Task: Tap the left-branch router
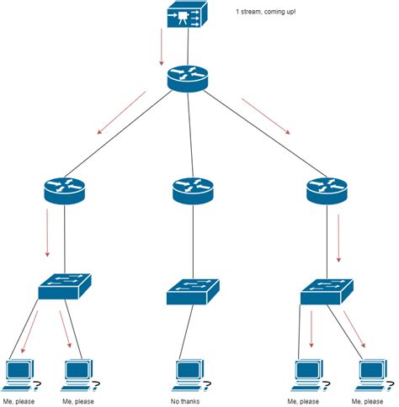tap(64, 192)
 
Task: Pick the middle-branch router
tap(193, 192)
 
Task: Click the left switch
tap(64, 288)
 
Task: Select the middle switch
tap(193, 292)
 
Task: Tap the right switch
tap(327, 290)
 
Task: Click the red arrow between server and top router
tap(160, 49)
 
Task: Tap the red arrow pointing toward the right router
tap(266, 117)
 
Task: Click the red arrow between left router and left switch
tap(47, 232)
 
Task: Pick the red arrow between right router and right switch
tap(338, 239)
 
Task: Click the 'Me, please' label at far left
tap(20, 401)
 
